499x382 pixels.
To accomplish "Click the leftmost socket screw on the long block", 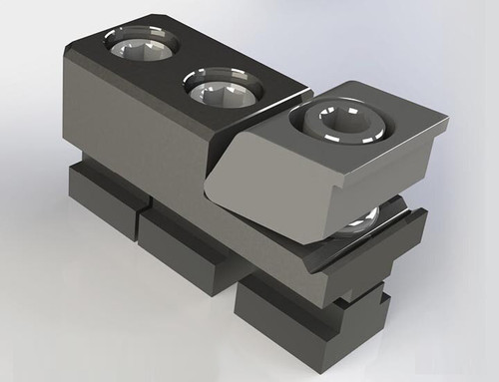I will (x=142, y=46).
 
